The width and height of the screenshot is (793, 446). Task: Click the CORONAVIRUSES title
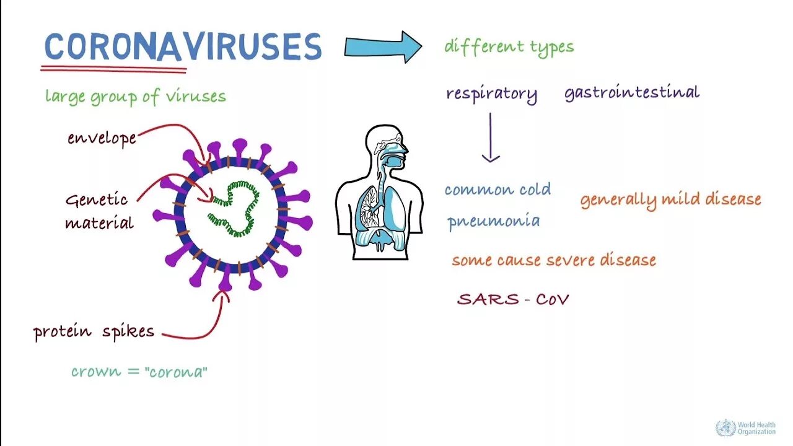tap(183, 46)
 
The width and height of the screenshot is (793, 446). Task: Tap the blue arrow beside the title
tap(383, 46)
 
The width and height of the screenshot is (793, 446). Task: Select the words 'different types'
tap(509, 47)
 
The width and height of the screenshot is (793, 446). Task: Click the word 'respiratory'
tap(491, 94)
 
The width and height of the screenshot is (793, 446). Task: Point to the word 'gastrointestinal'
tap(631, 93)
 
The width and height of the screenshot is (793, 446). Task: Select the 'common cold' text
tap(497, 190)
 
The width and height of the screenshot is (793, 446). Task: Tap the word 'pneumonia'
tap(493, 221)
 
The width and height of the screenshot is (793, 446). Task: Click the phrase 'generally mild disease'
tap(670, 199)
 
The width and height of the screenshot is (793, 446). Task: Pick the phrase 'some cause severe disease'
tap(553, 260)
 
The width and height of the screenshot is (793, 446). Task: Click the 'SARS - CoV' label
tap(513, 299)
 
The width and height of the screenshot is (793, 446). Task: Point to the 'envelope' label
tap(102, 138)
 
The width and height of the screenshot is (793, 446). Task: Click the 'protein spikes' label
tap(94, 332)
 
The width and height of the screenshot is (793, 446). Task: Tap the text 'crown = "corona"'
tap(139, 372)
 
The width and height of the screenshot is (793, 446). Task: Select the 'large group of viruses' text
tap(135, 97)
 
